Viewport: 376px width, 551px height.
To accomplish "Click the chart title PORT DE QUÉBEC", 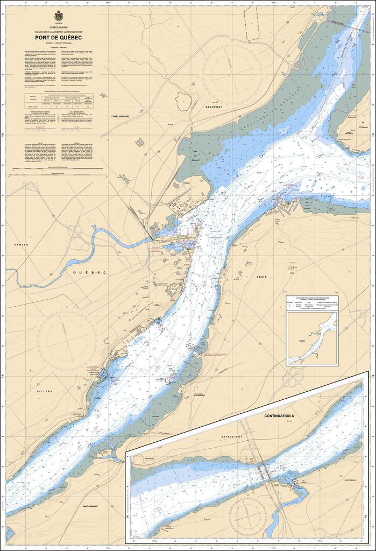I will click(x=58, y=38).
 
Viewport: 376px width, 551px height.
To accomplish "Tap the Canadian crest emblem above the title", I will click(x=58, y=16).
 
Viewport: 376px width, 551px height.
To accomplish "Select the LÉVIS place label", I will click(x=262, y=277).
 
